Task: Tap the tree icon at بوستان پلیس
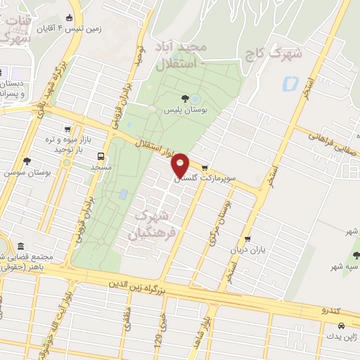[185, 98]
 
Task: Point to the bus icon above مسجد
[102, 156]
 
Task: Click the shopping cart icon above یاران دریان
[247, 239]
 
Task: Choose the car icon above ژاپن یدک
[341, 326]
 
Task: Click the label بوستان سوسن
[21, 172]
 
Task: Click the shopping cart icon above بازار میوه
[67, 129]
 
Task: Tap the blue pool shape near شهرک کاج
[290, 84]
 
